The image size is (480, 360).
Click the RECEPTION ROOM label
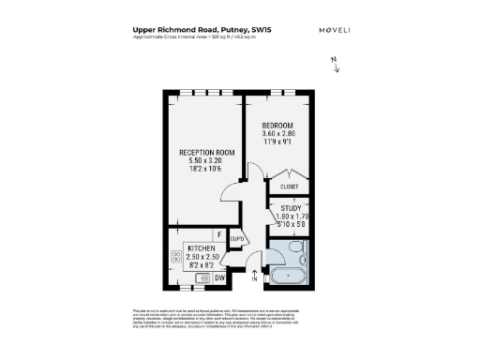point(207,153)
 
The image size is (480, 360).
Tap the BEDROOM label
point(277,126)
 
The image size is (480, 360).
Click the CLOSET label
point(289,187)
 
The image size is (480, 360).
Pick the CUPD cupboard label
point(237,240)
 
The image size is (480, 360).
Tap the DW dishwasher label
point(218,277)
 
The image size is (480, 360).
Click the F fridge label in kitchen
point(218,233)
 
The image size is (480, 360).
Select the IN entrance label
point(254,278)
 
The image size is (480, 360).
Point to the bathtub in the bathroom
point(284,276)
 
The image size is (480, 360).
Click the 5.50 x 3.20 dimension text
point(207,162)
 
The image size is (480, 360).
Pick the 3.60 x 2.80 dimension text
point(277,135)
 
